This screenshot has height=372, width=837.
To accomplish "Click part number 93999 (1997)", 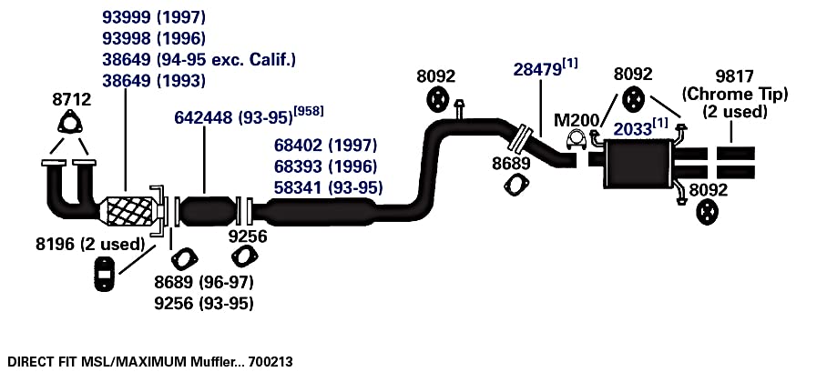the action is click(x=154, y=17).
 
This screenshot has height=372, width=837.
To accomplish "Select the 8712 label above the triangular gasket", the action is click(x=72, y=98).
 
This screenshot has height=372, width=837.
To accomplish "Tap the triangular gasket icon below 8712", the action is click(x=67, y=123).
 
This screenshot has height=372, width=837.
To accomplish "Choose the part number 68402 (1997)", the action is click(x=326, y=145).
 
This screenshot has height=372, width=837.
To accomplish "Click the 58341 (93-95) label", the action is click(x=328, y=187).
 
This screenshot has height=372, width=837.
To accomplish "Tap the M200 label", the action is click(x=577, y=120).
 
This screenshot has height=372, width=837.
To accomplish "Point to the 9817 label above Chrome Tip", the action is click(x=734, y=77).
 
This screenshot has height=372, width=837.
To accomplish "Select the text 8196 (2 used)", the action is click(x=90, y=244).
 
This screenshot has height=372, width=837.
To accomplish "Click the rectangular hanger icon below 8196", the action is click(x=105, y=274).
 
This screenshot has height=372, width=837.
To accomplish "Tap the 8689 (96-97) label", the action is click(x=203, y=281).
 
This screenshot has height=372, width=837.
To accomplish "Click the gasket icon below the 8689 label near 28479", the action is click(x=516, y=185).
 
